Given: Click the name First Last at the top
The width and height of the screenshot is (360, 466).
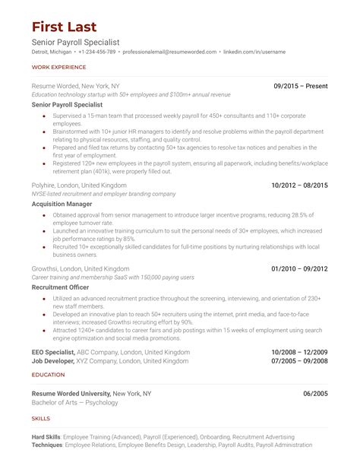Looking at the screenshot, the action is tap(65, 27).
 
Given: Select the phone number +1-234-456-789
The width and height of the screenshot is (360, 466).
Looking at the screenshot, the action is tap(96, 52).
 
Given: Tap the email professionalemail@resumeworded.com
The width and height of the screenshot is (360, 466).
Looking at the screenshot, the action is tap(168, 52).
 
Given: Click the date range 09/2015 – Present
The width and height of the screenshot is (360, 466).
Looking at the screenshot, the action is tap(301, 87).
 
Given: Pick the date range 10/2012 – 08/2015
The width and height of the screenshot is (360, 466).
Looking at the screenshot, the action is tap(300, 185).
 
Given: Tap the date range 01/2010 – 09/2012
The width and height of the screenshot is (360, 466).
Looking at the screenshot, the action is tap(300, 269).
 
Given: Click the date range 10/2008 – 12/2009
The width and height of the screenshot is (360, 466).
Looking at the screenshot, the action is tap(300, 353).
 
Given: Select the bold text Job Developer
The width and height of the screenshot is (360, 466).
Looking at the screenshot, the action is tap(54, 361).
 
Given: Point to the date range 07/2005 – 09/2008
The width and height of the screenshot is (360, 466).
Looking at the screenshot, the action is tap(300, 361).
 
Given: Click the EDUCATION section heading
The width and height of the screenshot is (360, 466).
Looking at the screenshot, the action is tap(48, 375).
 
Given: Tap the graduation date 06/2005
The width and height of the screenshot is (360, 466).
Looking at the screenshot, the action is tap(315, 394).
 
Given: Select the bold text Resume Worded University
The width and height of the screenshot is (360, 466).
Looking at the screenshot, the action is tap(71, 394).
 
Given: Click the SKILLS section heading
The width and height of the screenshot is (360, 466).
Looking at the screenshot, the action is tap(41, 419).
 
